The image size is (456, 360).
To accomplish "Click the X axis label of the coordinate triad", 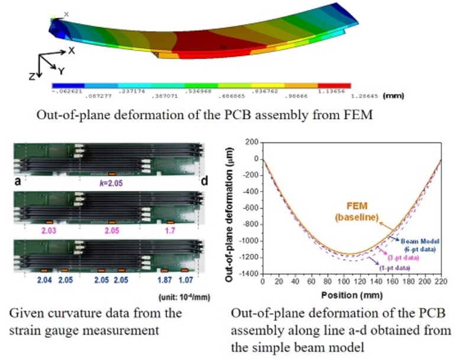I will click(72, 51).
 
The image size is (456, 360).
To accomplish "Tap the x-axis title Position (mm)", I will click(351, 294).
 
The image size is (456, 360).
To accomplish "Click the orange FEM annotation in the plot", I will click(351, 212).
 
